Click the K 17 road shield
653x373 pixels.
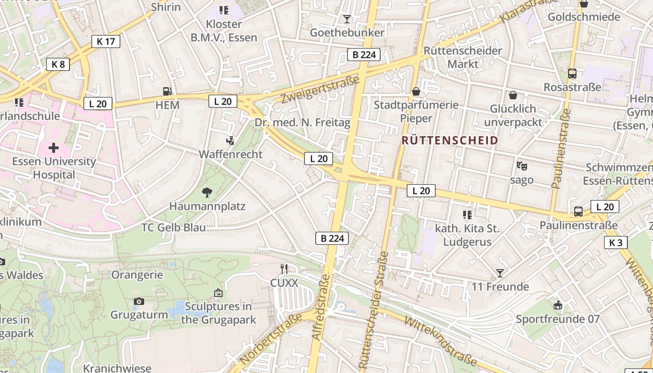click(x=105, y=41)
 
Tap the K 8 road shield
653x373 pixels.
click(x=58, y=64)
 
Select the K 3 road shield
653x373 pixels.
click(x=616, y=242)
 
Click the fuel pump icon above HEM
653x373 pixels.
click(x=167, y=91)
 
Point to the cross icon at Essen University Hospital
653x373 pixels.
click(x=54, y=148)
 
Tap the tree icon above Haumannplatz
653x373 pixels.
click(x=207, y=192)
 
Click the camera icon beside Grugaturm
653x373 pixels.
click(x=139, y=301)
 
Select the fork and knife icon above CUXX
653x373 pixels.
click(x=284, y=269)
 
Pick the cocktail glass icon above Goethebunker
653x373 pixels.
click(x=347, y=19)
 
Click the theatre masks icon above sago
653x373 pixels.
click(x=521, y=166)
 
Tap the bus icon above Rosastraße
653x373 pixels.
click(x=572, y=73)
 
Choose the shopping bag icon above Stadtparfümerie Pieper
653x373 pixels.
click(x=416, y=91)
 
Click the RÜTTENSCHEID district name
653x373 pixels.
click(x=450, y=140)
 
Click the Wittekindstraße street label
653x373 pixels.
click(x=441, y=340)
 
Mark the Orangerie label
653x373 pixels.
click(x=137, y=275)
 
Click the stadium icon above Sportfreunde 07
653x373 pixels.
click(x=557, y=305)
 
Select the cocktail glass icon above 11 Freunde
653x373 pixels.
click(x=500, y=273)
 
